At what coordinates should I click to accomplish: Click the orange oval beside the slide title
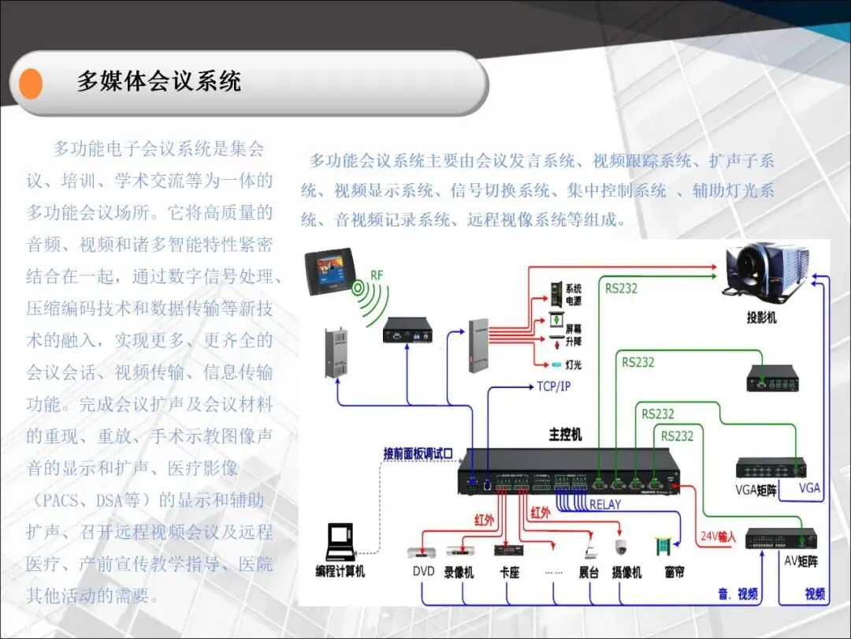pos(32,83)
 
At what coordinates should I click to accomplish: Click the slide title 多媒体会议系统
pos(158,81)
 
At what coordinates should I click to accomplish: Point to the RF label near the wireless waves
pos(377,275)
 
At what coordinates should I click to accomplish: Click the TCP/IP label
pos(553,387)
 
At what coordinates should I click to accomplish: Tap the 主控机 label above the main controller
pos(565,435)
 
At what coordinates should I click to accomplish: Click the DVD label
pos(423,571)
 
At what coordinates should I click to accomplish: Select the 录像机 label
pos(459,572)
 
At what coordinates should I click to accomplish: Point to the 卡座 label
pos(509,572)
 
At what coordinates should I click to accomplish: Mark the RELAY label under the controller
pos(604,504)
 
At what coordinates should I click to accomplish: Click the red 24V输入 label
pos(717,537)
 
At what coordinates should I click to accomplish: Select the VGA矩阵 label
pos(756,490)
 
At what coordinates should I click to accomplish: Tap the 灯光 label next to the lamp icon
pos(574,364)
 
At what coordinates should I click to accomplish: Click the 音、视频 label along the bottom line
pos(738,593)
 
